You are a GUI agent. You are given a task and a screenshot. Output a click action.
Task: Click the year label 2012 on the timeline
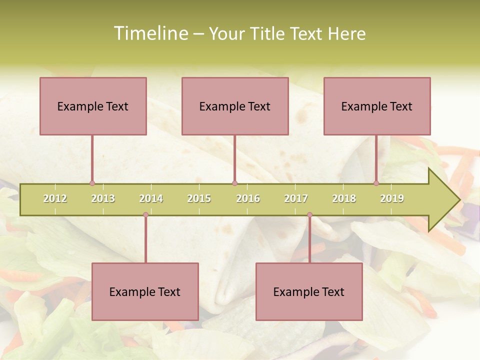coord(55,198)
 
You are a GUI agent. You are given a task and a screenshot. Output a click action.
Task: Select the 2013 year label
coord(103,198)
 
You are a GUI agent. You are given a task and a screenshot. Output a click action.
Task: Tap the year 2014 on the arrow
coord(151,198)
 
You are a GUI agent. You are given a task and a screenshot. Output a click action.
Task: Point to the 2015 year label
coord(199,198)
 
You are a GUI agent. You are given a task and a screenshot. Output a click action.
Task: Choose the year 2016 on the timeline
coord(248,198)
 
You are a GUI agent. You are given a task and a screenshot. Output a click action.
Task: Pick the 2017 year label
coord(296,198)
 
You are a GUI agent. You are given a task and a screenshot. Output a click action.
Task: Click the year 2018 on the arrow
coord(344,198)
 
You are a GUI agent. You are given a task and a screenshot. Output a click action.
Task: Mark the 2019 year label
coord(392,198)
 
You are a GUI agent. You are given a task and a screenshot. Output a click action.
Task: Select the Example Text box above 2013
coord(93,106)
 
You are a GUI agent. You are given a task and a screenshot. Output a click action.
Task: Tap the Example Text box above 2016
coord(235,106)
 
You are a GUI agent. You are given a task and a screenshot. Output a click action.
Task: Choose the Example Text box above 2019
coord(377,106)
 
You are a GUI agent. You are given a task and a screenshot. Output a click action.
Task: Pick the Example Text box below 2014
coord(145,291)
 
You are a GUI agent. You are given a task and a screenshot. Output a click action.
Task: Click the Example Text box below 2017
coord(309,291)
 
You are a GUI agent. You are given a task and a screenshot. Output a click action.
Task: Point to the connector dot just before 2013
coord(92,183)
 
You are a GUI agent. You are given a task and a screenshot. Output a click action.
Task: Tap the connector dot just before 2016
coord(234,183)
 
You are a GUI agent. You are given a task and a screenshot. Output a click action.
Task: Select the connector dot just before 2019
coord(376,183)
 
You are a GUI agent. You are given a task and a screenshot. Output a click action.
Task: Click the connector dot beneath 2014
coord(145,215)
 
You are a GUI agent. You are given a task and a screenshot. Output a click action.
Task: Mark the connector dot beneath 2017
coord(309,215)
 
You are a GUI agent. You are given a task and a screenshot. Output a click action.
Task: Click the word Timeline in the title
coord(150,33)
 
